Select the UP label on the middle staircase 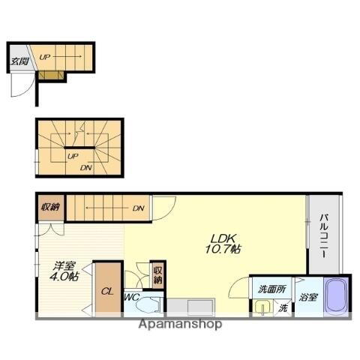71,157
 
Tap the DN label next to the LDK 138,208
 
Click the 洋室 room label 63,265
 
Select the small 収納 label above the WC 157,274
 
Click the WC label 131,298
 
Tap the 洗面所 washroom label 271,289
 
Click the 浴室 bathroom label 308,298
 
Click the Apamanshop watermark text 180,325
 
